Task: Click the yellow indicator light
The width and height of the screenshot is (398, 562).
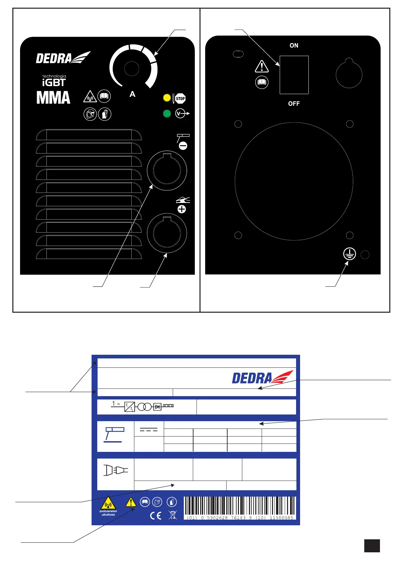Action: tap(167, 98)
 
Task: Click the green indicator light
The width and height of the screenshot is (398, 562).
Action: tap(167, 114)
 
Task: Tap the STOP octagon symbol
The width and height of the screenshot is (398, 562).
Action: tap(180, 98)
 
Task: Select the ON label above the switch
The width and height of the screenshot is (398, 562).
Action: tap(294, 45)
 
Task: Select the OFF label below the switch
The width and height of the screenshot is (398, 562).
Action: tap(294, 103)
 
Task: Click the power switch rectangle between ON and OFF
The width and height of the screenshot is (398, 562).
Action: tap(294, 75)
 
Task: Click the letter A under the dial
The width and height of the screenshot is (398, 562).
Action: tap(132, 94)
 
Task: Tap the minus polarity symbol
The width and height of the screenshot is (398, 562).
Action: tap(183, 146)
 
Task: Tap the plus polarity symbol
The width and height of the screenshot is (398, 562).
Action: tap(182, 209)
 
